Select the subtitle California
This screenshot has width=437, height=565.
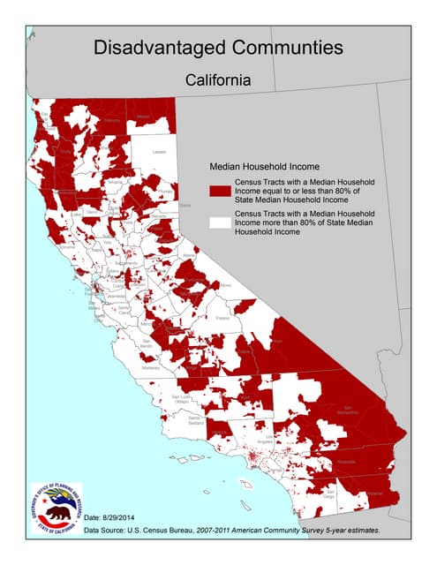(218, 79)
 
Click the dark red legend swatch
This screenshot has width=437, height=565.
(219, 190)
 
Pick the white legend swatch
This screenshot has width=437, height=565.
(219, 222)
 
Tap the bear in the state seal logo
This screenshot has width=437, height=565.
(57, 514)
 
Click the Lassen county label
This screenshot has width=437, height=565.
(160, 152)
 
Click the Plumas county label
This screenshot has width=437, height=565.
(164, 191)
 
